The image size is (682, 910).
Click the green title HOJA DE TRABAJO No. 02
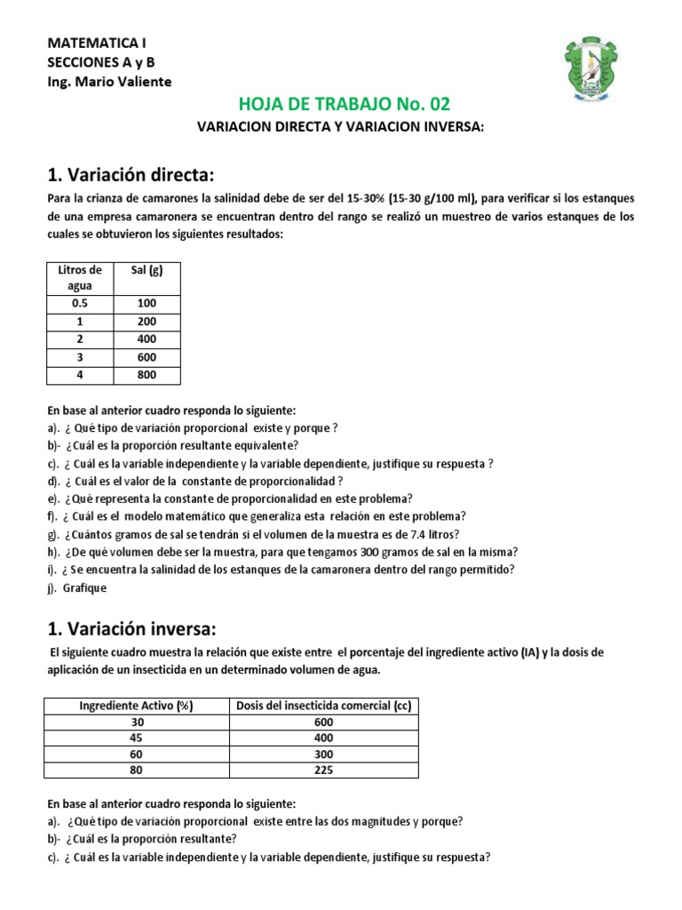pos(341,105)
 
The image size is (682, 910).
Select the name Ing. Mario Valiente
pos(109,82)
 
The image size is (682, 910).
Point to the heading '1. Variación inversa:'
pos(131,629)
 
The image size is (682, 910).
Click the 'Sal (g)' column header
pos(147,269)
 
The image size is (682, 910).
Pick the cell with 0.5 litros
pos(80,304)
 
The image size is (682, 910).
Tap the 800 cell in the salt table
pos(147,375)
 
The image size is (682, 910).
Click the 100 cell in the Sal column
pos(147,304)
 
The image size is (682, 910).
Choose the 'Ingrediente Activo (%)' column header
pos(137,706)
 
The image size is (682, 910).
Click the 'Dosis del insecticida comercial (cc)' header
pos(323,706)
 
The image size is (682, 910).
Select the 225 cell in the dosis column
pos(323,770)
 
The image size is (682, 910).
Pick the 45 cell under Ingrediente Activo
pos(137,738)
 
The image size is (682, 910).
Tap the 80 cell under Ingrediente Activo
pos(137,770)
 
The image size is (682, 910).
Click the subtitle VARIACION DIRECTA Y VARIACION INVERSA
pos(341,128)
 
